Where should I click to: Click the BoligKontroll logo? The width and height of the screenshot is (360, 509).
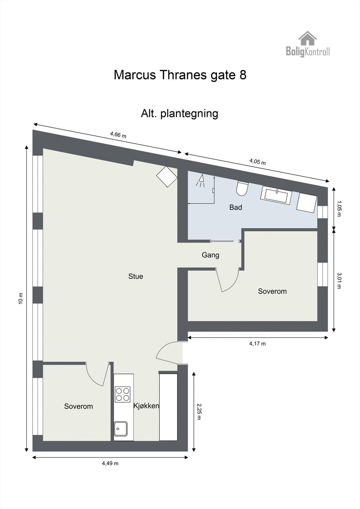tap(307, 44)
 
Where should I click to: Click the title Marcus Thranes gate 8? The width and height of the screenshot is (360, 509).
tap(180, 75)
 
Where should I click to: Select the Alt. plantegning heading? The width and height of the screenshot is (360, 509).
tap(180, 113)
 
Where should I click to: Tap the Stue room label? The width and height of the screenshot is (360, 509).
tap(136, 276)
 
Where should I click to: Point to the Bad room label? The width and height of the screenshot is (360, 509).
tap(236, 207)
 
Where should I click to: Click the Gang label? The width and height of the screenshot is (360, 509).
tap(210, 255)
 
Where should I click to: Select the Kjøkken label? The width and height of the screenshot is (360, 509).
tap(146, 406)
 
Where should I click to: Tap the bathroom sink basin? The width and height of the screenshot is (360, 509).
tap(277, 194)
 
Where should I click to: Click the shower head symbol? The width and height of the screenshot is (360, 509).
tap(200, 181)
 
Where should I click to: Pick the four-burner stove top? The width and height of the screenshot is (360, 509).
tap(123, 394)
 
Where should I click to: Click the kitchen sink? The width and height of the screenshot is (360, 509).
tap(121, 429)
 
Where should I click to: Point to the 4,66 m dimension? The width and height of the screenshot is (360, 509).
tap(118, 135)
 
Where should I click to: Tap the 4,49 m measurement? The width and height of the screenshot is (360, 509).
tap(110, 463)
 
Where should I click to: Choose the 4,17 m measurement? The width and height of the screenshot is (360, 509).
tap(257, 343)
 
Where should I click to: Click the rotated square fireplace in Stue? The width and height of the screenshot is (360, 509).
tap(167, 177)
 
